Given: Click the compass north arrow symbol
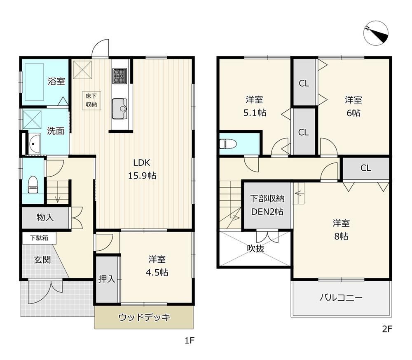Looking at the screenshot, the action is click(x=376, y=33).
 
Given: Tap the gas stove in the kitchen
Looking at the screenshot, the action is click(x=119, y=75).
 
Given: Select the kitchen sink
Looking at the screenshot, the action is click(x=119, y=109).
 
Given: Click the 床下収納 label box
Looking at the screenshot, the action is click(x=91, y=101).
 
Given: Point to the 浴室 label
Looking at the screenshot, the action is click(x=56, y=81).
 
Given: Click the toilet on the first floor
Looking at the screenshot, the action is click(x=33, y=185).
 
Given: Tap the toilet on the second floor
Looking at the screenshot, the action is click(x=228, y=144).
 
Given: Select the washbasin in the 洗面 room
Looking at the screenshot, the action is click(x=34, y=144).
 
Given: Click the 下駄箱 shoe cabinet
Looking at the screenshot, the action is click(x=39, y=238).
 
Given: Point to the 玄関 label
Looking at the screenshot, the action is click(x=42, y=260).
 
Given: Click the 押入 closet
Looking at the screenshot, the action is click(x=107, y=279).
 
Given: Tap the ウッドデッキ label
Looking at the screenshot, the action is click(x=144, y=318).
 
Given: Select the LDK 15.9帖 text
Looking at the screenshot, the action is click(x=142, y=169).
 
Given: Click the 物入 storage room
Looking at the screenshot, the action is click(x=45, y=218).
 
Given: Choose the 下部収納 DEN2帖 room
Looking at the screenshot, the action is click(x=267, y=205).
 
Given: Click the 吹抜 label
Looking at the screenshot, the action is click(x=255, y=249).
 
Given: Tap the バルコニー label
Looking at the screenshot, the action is click(x=341, y=298).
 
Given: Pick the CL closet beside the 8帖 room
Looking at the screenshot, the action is click(x=366, y=168).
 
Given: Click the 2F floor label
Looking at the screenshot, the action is click(x=387, y=329).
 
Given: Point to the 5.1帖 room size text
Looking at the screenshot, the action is click(x=255, y=113).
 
